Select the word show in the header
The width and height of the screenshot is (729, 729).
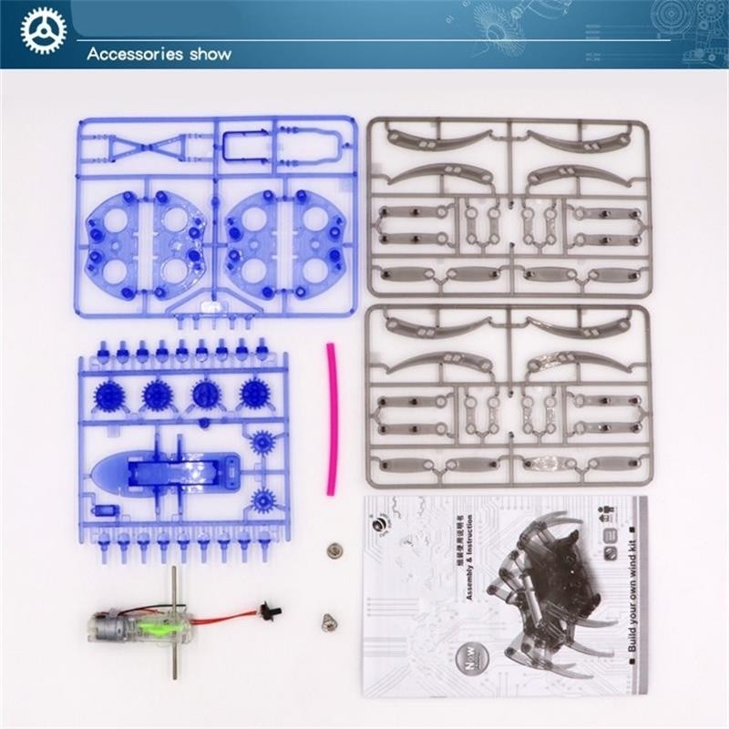(208, 54)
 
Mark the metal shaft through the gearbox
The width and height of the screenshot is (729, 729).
(173, 620)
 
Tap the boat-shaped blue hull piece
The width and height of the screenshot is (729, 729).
(164, 471)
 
